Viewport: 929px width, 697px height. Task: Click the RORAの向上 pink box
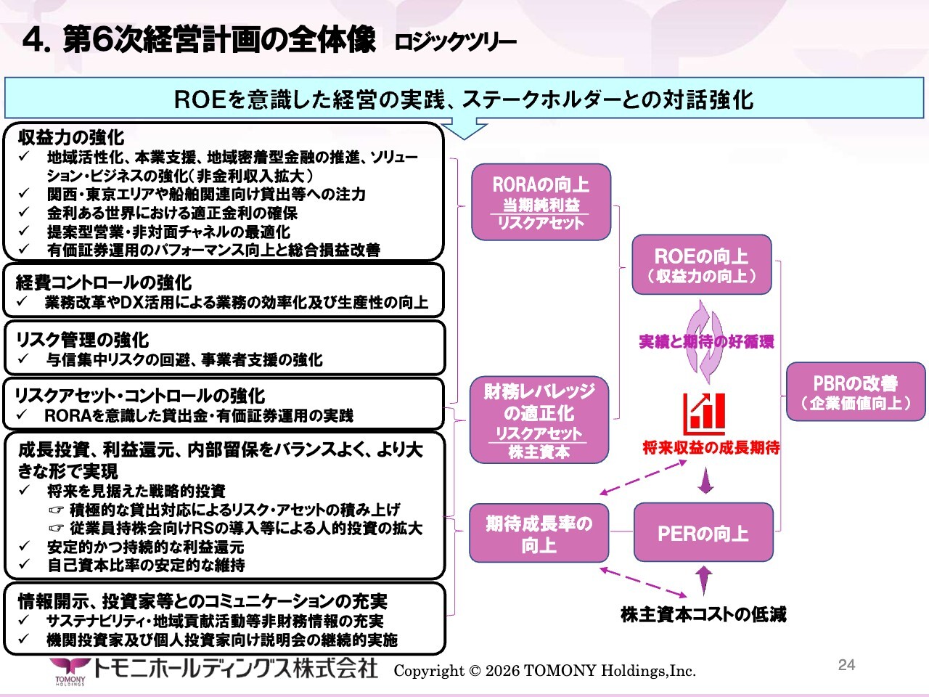541,203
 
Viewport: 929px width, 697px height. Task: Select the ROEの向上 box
701,264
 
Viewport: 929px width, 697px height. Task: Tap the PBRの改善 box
856,391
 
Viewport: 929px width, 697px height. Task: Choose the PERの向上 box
703,532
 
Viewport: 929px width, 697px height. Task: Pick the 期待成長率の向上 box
539,533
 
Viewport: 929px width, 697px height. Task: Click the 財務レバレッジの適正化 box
539,420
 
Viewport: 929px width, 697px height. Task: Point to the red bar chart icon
704,415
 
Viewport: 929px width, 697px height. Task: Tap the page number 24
846,665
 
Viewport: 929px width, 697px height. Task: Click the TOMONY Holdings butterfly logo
70,671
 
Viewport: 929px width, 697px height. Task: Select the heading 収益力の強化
71,137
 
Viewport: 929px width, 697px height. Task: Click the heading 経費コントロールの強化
103,282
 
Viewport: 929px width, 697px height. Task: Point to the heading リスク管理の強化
83,340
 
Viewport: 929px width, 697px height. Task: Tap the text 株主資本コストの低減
703,614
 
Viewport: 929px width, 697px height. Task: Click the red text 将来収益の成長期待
711,447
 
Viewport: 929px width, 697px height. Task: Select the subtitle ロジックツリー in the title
455,42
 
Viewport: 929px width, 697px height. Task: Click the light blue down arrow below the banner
464,129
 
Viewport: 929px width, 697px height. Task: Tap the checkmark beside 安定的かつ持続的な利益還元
24,546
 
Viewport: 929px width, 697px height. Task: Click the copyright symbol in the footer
475,671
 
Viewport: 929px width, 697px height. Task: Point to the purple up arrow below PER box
704,580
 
